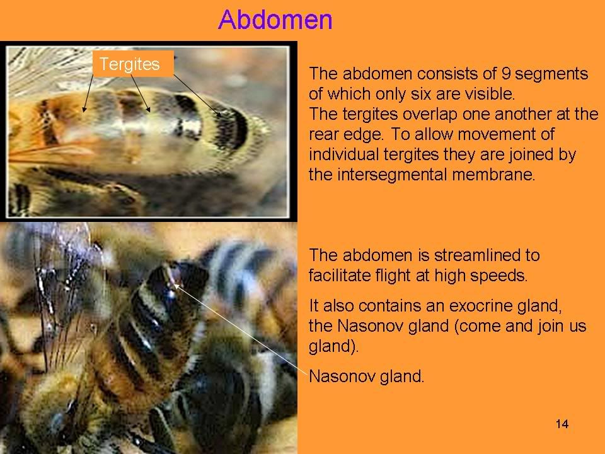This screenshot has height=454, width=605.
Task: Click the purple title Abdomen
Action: tap(275, 20)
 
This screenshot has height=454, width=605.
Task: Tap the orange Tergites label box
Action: tap(133, 64)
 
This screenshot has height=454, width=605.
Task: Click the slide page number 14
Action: tap(562, 424)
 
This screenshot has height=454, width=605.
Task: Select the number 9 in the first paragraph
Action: tap(505, 73)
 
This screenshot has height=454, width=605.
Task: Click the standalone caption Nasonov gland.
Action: tap(367, 376)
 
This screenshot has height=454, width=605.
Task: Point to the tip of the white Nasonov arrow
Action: tap(175, 285)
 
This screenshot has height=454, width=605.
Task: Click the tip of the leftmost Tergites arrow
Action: tap(84, 112)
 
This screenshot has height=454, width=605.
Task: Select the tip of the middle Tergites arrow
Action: tap(150, 112)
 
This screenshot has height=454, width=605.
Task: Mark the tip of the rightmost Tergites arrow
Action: tap(221, 116)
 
